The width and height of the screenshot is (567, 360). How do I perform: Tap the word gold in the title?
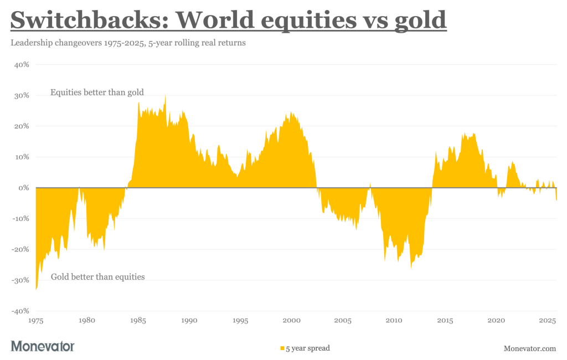(417, 20)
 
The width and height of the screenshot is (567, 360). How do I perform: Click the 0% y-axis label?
(23, 188)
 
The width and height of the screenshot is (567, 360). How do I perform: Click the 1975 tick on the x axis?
(36, 321)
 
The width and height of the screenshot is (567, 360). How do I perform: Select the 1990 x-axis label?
(189, 321)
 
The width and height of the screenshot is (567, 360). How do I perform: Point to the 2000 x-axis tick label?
(292, 321)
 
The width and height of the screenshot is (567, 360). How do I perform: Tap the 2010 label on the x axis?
(394, 321)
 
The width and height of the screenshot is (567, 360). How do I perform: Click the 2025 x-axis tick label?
(548, 321)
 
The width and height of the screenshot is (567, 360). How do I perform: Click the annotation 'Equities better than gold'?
(97, 92)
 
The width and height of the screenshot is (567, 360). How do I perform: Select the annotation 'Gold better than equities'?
(97, 276)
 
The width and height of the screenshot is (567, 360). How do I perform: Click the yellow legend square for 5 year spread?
(282, 348)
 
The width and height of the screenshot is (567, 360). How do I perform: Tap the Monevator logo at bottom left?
(43, 347)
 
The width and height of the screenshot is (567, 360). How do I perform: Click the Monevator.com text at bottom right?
(530, 348)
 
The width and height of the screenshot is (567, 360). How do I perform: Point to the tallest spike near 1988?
(165, 96)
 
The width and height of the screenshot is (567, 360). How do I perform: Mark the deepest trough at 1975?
(37, 289)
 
